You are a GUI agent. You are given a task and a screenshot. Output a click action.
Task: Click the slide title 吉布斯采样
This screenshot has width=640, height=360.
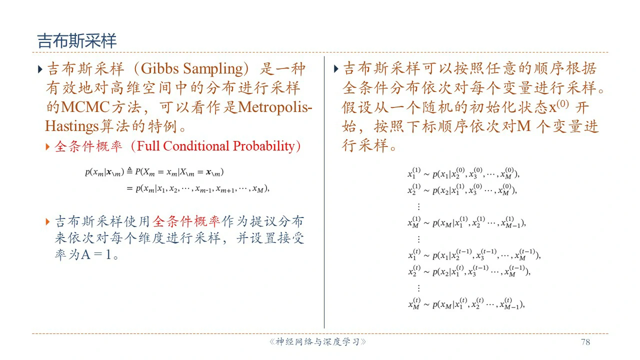(x=77, y=40)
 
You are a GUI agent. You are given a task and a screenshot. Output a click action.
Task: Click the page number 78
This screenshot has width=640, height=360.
(x=585, y=342)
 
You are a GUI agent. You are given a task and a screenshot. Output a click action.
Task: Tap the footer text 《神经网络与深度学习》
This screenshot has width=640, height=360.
(x=317, y=342)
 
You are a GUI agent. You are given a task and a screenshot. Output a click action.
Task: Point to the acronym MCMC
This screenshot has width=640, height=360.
(x=85, y=107)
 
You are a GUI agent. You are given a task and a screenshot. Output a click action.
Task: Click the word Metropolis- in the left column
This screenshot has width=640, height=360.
(x=275, y=107)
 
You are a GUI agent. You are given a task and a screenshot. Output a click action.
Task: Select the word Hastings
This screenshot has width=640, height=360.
(x=71, y=126)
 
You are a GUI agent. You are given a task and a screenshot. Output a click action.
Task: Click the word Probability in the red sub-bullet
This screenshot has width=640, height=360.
(x=263, y=146)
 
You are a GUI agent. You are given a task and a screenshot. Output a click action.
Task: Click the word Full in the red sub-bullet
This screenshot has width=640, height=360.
(x=148, y=146)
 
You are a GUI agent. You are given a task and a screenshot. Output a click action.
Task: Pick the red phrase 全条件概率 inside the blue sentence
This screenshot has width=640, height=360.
(x=186, y=221)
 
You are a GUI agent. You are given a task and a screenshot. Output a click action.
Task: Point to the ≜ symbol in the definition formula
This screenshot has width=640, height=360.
(x=129, y=171)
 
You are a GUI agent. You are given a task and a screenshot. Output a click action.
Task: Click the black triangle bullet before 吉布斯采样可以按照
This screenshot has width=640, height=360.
(x=336, y=69)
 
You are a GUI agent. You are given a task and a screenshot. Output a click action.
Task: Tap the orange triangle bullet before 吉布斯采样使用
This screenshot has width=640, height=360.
(x=47, y=221)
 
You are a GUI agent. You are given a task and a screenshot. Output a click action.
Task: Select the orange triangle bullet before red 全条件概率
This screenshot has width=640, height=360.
(x=47, y=147)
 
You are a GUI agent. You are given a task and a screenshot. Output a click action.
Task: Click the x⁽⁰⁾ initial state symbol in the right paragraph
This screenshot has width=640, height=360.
(x=558, y=106)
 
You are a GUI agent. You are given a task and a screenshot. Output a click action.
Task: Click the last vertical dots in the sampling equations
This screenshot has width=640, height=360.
(x=418, y=288)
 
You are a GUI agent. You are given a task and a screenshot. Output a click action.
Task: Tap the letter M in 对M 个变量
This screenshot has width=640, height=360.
(x=524, y=126)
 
